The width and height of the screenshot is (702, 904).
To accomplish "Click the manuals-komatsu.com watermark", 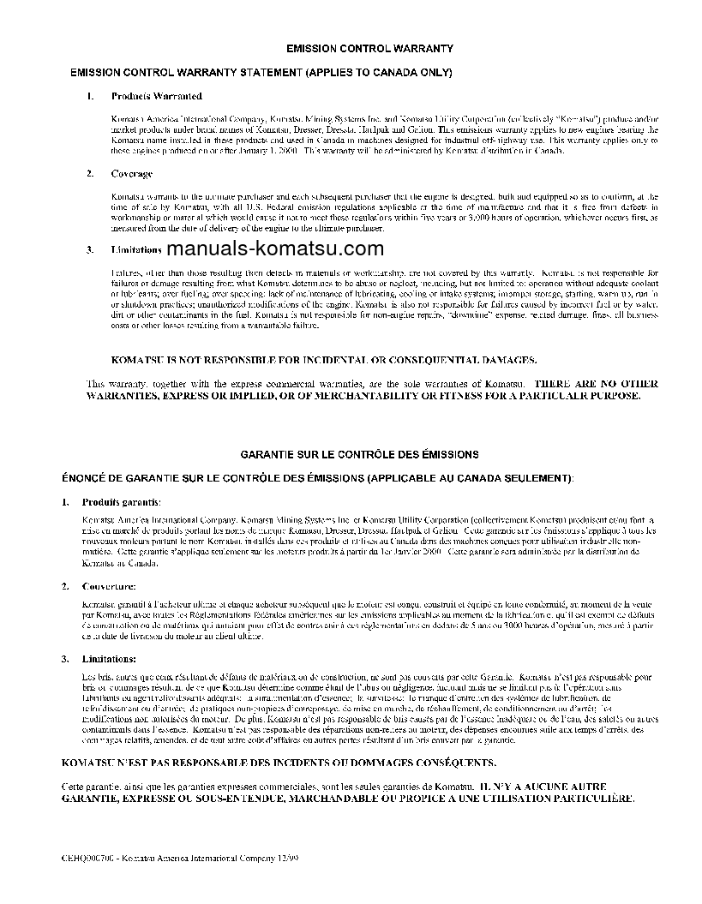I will tap(275, 249).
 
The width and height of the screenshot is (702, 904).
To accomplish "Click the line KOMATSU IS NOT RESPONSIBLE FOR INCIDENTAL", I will tap(325, 360).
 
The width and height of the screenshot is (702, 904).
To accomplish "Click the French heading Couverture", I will tap(108, 586).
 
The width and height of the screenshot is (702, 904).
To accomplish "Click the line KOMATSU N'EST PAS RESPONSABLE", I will tap(278, 762).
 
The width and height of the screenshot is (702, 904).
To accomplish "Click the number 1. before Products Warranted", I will tap(89, 96).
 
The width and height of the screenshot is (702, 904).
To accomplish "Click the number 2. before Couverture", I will tap(65, 586).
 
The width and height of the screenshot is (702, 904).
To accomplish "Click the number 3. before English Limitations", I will tap(89, 250).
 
